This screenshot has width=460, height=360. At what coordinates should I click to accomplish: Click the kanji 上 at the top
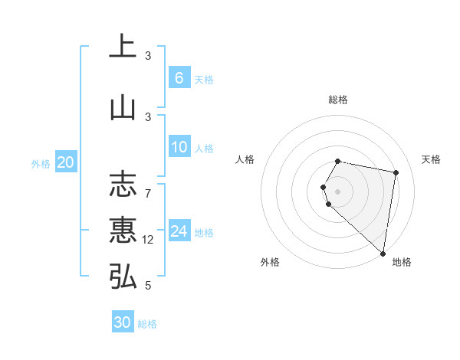coord(123,47)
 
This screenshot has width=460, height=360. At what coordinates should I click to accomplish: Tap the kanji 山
coord(123,107)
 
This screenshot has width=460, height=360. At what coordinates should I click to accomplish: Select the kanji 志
coord(123,185)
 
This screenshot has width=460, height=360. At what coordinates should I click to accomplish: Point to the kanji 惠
coord(123,230)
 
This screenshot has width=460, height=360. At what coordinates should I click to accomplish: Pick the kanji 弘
coord(123,276)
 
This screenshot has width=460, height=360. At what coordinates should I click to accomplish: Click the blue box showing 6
coord(179,77)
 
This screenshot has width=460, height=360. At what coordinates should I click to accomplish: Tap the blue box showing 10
coord(179,147)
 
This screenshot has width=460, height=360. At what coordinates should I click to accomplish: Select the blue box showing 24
coord(179,231)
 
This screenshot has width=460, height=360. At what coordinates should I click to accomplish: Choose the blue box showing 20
coord(66,162)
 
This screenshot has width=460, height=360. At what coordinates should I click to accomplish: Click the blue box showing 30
coord(123,322)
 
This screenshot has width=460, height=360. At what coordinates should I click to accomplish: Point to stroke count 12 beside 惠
coord(149,240)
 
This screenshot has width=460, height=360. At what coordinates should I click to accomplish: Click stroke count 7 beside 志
coord(148,193)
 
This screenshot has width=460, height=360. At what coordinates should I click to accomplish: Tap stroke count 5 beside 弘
coord(148,286)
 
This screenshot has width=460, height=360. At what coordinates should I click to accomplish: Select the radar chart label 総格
coord(338,100)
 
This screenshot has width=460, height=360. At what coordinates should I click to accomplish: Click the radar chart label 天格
coord(432,159)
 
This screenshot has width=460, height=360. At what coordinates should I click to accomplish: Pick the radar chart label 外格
coord(270,262)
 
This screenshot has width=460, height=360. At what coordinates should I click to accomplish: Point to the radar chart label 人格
coord(245,159)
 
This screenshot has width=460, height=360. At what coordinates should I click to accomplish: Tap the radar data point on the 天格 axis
coord(396,172)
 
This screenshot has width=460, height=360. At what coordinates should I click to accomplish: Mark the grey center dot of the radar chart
coord(338,191)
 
